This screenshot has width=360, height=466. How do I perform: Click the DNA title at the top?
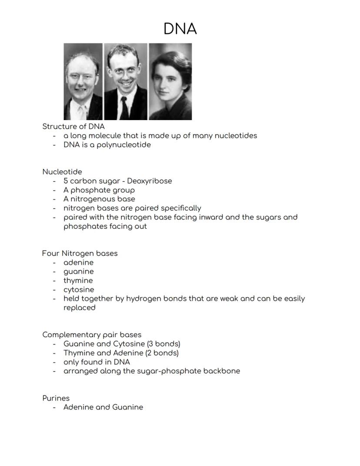pyautogui.click(x=180, y=29)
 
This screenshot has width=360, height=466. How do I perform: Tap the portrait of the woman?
pyautogui.click(x=170, y=81)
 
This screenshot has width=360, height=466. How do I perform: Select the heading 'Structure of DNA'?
pyautogui.click(x=73, y=127)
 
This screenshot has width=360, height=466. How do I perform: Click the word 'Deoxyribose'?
pyautogui.click(x=149, y=181)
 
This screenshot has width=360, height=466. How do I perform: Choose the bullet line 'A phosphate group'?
pyautogui.click(x=99, y=190)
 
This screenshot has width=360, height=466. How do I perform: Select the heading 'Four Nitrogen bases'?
pyautogui.click(x=80, y=253)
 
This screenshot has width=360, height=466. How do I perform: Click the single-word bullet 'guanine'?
pyautogui.click(x=78, y=272)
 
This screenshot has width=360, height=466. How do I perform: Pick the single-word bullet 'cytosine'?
pyautogui.click(x=79, y=290)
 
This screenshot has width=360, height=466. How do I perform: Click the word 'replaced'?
pyautogui.click(x=79, y=308)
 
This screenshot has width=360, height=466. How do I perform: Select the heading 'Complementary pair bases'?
pyautogui.click(x=92, y=335)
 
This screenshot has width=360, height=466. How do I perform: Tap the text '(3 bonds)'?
pyautogui.click(x=163, y=344)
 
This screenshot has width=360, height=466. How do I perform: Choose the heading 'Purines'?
pyautogui.click(x=56, y=398)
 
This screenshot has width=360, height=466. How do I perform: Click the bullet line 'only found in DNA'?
pyautogui.click(x=97, y=362)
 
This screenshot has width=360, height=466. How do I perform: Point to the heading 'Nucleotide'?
pyautogui.click(x=62, y=172)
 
